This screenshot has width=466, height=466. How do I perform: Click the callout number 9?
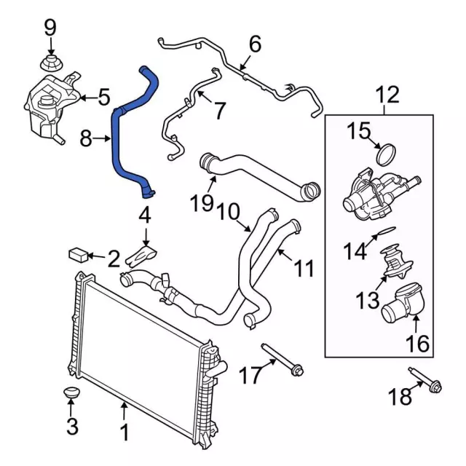(50, 28)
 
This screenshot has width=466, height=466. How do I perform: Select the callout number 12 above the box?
(387, 94)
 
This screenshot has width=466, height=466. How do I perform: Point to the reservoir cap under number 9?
(51, 63)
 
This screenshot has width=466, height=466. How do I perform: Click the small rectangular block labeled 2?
(79, 254)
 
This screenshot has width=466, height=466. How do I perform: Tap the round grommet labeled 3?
(71, 395)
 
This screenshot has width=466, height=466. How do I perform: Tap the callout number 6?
(254, 45)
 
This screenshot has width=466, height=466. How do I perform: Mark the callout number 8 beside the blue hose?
(86, 137)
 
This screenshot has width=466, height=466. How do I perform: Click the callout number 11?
(304, 269)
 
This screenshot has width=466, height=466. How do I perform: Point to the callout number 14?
(357, 251)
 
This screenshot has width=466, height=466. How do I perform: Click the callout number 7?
(218, 110)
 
